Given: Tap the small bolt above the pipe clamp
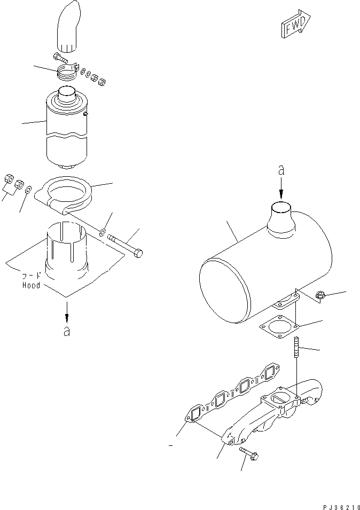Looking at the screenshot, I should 59,57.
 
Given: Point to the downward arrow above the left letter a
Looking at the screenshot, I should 66,310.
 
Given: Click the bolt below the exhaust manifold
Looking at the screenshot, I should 249,454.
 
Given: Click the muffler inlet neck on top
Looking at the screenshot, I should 279,219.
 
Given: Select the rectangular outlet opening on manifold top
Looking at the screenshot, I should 279,397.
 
